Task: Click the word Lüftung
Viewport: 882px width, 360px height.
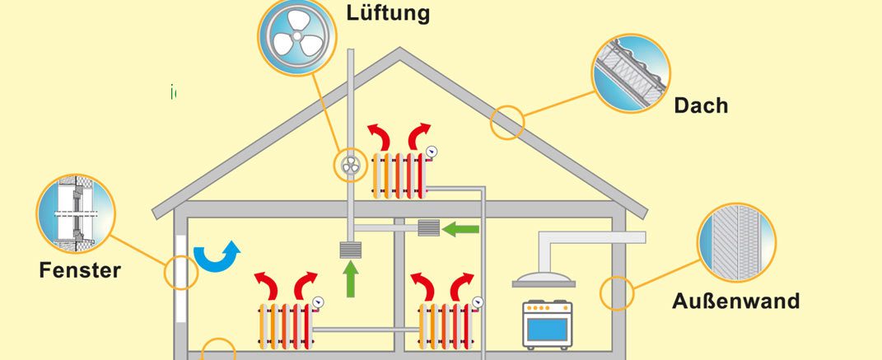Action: point(388,12)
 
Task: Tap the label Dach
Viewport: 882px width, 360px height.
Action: point(701,105)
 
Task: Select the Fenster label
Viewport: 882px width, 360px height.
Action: point(80,270)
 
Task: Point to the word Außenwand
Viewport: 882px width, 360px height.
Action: point(735,301)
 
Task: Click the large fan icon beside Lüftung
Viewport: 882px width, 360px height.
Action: point(297,36)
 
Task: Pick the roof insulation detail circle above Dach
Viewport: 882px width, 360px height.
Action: point(631,72)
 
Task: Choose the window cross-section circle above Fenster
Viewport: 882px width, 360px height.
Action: point(76,213)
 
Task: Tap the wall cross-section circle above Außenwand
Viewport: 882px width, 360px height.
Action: point(736,242)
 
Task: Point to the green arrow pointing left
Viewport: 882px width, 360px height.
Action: point(460,229)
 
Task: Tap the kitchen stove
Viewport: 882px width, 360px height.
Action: point(548,325)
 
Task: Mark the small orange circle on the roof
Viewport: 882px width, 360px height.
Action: point(506,122)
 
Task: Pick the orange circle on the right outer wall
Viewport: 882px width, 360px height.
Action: point(617,293)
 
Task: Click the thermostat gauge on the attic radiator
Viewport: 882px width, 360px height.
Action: point(432,152)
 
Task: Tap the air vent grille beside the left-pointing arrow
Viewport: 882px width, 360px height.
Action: point(428,228)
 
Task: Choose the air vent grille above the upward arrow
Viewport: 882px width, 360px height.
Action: point(351,250)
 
